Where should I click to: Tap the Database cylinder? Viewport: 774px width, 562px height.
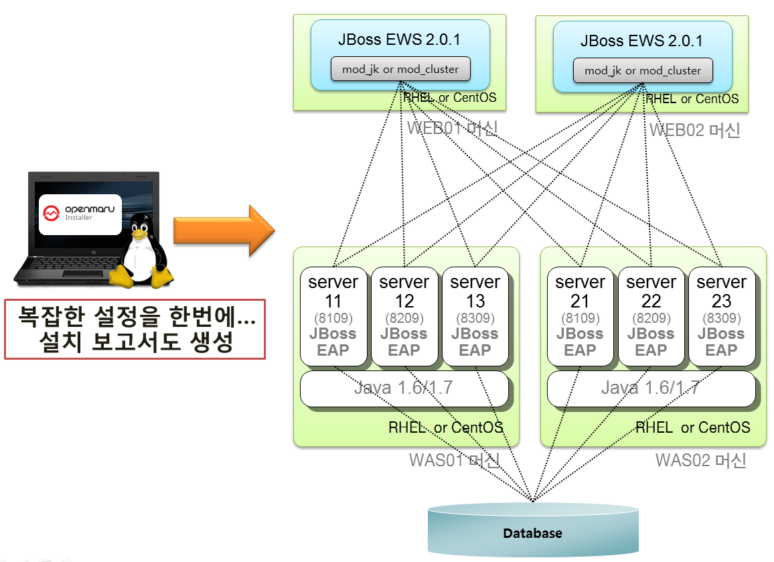pyautogui.click(x=532, y=530)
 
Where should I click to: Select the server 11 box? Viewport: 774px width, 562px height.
pyautogui.click(x=333, y=317)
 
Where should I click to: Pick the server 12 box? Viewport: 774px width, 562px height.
pyautogui.click(x=404, y=317)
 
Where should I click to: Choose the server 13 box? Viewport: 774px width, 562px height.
pyautogui.click(x=475, y=317)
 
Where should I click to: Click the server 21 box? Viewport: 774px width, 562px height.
pyautogui.click(x=580, y=317)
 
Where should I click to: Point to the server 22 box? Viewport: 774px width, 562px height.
pyautogui.click(x=651, y=317)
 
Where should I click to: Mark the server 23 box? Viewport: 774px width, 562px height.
pyautogui.click(x=721, y=317)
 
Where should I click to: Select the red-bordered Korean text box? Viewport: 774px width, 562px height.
pyautogui.click(x=135, y=329)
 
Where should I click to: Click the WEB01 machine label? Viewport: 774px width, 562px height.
pyautogui.click(x=452, y=128)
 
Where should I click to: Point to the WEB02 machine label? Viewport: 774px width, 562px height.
pyautogui.click(x=694, y=130)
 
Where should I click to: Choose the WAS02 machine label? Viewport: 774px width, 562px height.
pyautogui.click(x=700, y=460)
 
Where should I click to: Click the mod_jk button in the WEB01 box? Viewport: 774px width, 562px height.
pyautogui.click(x=400, y=69)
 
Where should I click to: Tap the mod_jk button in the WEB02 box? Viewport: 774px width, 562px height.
pyautogui.click(x=643, y=70)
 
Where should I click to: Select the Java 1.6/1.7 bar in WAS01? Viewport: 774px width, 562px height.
pyautogui.click(x=404, y=388)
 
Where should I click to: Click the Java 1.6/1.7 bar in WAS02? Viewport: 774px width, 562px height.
pyautogui.click(x=651, y=388)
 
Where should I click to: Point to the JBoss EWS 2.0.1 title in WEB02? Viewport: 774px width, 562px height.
pyautogui.click(x=642, y=41)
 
